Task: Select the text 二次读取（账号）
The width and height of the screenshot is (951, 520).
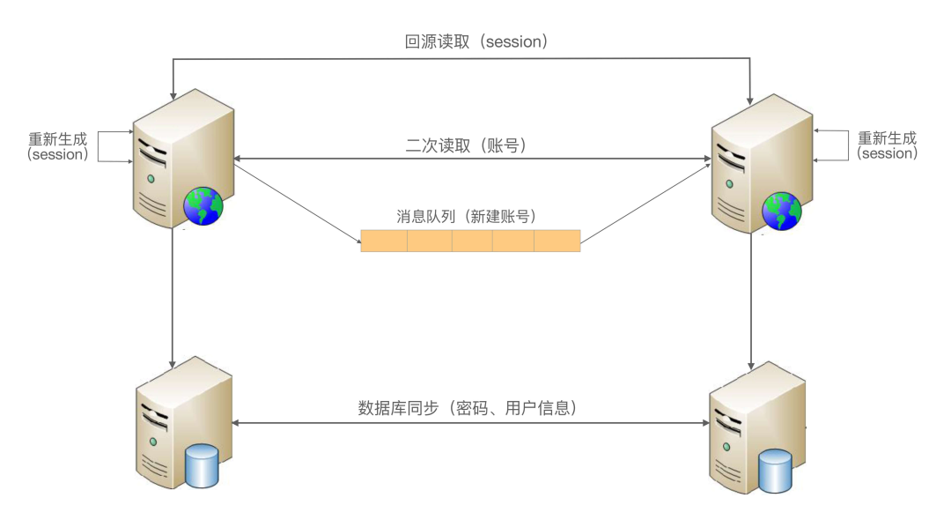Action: [466, 146]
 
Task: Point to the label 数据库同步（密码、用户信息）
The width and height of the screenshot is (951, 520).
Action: [468, 408]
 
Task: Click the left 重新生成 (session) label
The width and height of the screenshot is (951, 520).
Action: [58, 146]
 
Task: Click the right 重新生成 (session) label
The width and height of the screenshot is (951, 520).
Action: [887, 145]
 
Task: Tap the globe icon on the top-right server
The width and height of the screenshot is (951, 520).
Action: [782, 212]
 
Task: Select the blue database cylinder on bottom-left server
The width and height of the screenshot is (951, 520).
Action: [202, 466]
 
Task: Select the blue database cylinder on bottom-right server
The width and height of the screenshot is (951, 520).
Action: [776, 471]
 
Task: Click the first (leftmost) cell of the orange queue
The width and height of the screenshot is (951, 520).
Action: [384, 241]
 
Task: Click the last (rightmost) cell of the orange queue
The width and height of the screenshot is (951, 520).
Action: [557, 241]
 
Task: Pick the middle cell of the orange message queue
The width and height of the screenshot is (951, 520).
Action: [471, 241]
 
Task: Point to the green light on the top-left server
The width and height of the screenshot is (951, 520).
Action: [151, 179]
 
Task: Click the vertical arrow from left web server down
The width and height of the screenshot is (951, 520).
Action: [173, 300]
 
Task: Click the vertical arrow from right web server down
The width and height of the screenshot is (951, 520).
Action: [751, 300]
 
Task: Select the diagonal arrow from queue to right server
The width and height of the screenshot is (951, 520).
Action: [645, 202]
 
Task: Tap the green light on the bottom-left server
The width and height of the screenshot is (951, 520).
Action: [152, 441]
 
